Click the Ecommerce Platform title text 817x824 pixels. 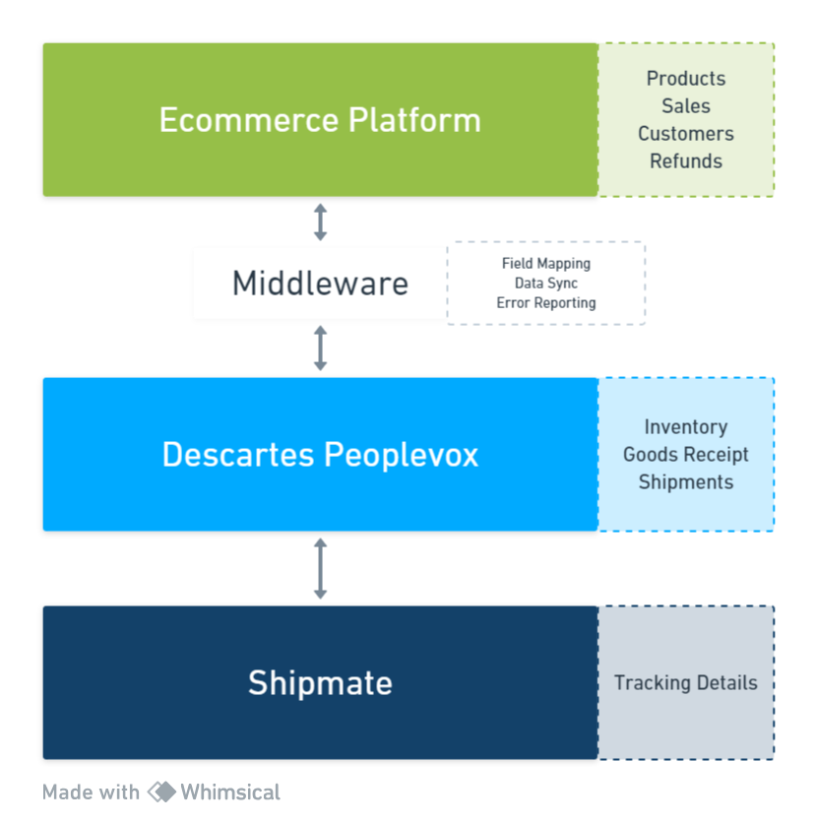tap(320, 120)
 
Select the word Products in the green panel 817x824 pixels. tap(686, 79)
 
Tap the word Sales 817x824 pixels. tap(686, 106)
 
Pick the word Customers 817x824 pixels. tap(686, 134)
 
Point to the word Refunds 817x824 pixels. tap(686, 161)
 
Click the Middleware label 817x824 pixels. tap(320, 284)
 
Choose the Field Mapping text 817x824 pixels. tap(546, 264)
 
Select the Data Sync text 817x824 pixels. tap(546, 284)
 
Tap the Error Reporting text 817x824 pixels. tap(546, 303)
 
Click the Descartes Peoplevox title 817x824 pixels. tap(320, 455)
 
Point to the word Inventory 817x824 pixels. tap(686, 427)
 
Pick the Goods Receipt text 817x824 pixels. tap(686, 455)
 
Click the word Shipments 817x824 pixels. tap(686, 482)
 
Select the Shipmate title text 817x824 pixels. tap(320, 683)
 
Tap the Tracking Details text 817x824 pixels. tap(686, 683)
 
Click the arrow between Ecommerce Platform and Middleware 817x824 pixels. tap(320, 222)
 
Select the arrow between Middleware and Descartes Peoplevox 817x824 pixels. tap(320, 348)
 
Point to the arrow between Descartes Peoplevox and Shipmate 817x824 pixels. tap(320, 568)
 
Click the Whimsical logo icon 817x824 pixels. tap(161, 792)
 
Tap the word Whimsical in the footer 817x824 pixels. tap(230, 792)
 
